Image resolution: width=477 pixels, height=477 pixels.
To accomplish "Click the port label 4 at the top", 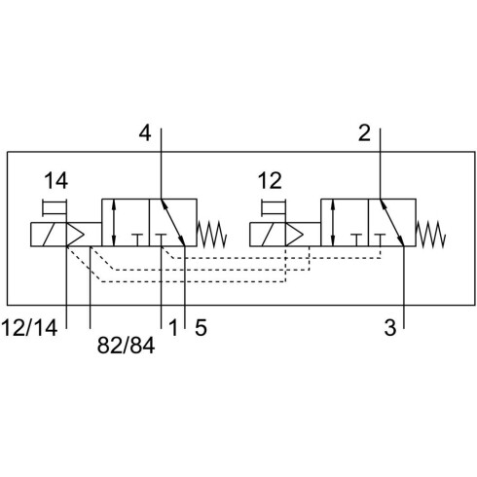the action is (145, 133).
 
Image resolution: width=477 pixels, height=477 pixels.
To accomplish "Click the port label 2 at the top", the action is (364, 133).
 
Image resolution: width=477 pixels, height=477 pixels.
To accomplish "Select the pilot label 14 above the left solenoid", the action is (55, 181).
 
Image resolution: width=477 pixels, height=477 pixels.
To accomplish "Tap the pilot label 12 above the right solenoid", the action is (270, 181).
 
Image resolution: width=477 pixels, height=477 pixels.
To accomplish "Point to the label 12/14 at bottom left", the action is (30, 327).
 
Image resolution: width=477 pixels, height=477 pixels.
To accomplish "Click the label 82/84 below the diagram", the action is (126, 346).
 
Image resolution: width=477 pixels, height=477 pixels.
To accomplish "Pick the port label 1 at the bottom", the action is (173, 327).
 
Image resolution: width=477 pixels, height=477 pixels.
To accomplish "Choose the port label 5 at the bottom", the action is (201, 327).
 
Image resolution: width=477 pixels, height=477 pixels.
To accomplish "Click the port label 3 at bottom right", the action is (390, 327).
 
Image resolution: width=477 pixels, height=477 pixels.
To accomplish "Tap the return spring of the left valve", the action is (211, 234).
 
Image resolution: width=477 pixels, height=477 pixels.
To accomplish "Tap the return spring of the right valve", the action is (430, 234).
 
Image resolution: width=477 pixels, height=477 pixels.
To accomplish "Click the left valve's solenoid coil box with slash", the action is (49, 235).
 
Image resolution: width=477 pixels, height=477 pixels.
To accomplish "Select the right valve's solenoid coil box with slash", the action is (268, 235).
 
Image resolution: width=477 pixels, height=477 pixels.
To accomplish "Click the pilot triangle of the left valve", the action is (75, 235).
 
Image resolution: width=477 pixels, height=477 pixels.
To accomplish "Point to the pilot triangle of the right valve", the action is (294, 235).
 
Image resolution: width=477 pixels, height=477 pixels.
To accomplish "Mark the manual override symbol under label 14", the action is (55, 207).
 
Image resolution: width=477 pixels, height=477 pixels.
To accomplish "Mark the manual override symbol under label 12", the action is (274, 207).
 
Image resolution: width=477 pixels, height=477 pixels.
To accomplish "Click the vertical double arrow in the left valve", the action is (113, 223).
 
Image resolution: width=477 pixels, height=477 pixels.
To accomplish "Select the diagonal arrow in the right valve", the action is (392, 223).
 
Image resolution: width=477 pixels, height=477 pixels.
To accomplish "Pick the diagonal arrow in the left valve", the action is (173, 223).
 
